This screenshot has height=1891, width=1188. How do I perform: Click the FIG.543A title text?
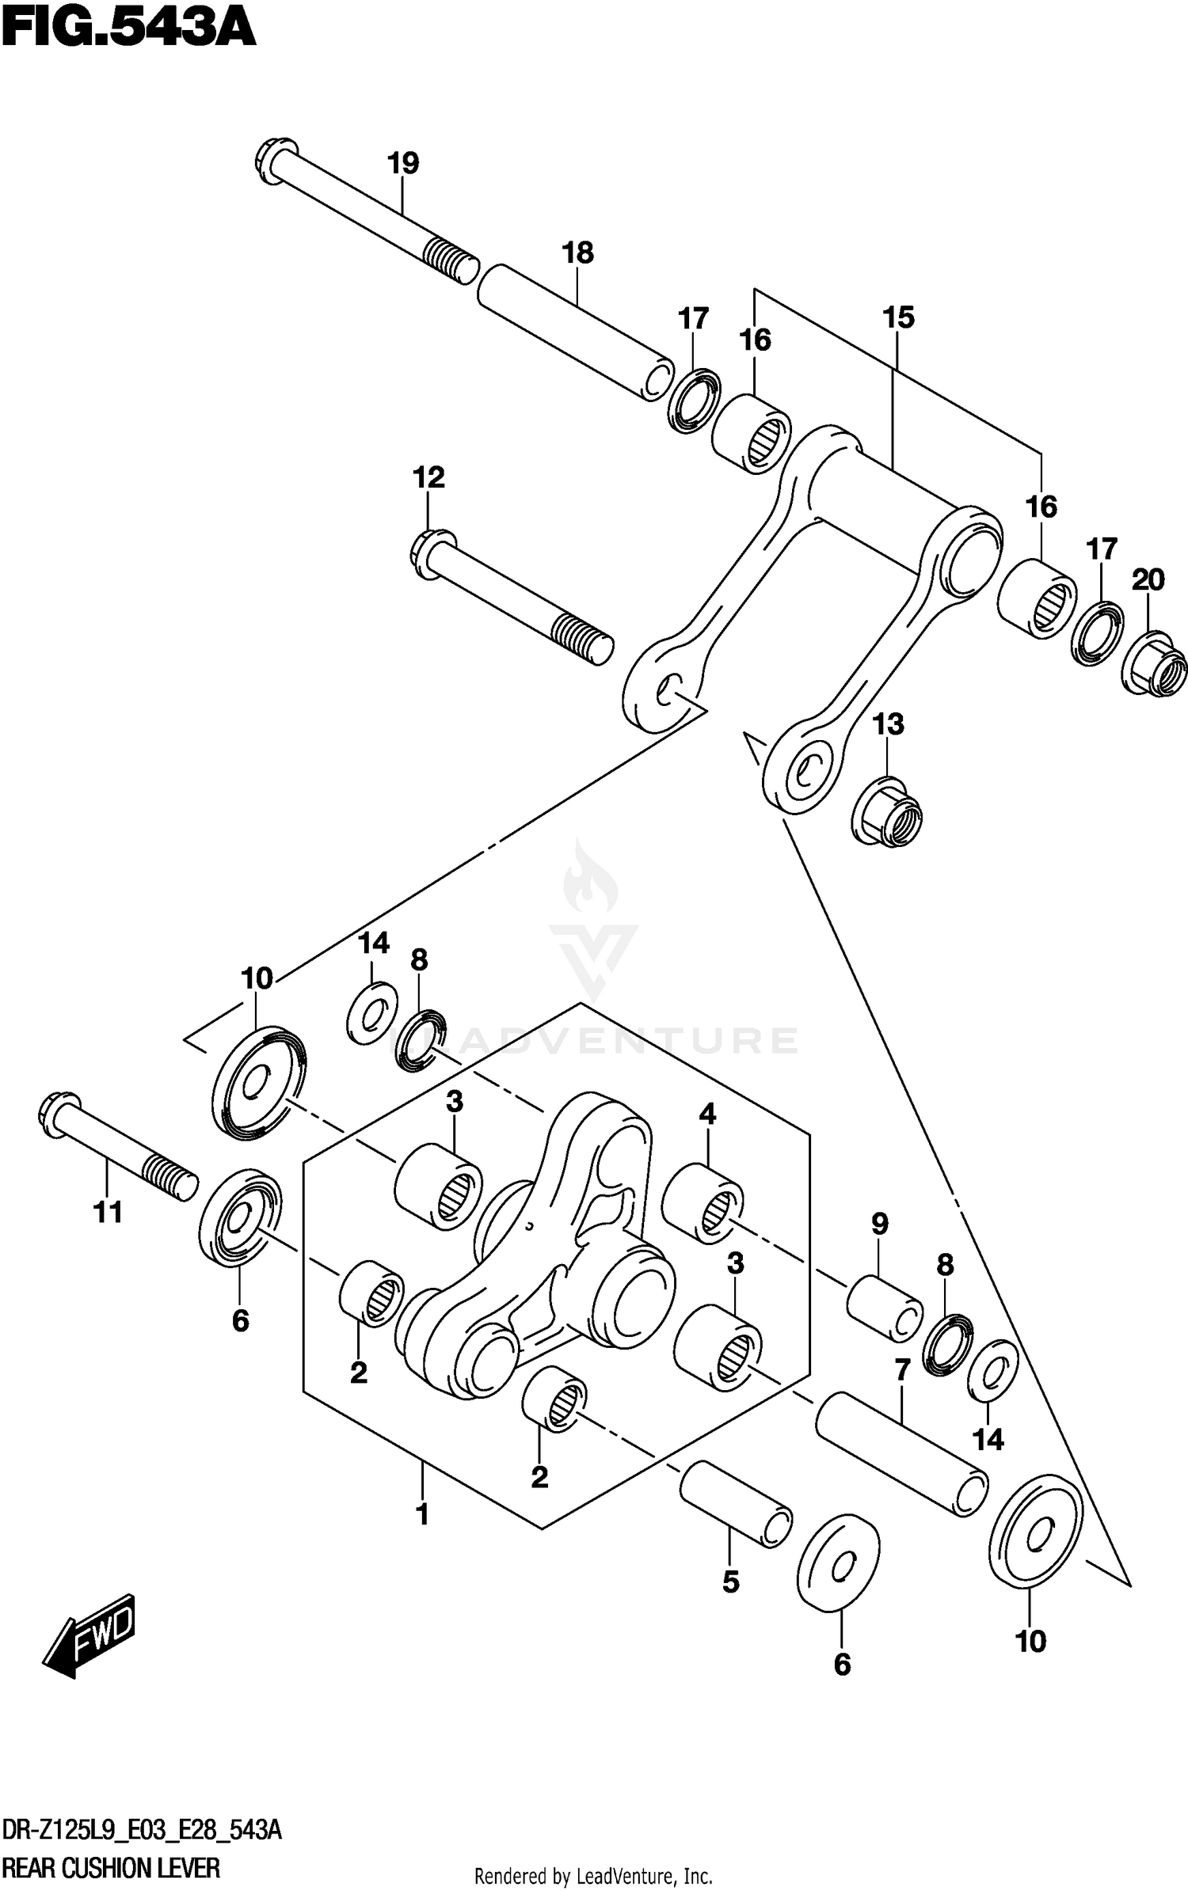[128, 30]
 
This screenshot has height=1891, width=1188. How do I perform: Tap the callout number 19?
[403, 164]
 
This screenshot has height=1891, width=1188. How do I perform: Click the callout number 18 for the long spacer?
[577, 254]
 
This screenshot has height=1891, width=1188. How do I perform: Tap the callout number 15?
[898, 318]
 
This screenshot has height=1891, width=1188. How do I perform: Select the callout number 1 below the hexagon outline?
[422, 1514]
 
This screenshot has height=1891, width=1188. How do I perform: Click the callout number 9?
[879, 1224]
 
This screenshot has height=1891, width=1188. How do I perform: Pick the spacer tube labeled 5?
[735, 1503]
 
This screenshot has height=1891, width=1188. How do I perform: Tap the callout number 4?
[706, 1114]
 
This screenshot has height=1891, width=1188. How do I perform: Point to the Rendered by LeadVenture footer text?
[593, 1875]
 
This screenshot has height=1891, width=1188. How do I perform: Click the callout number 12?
[428, 477]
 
